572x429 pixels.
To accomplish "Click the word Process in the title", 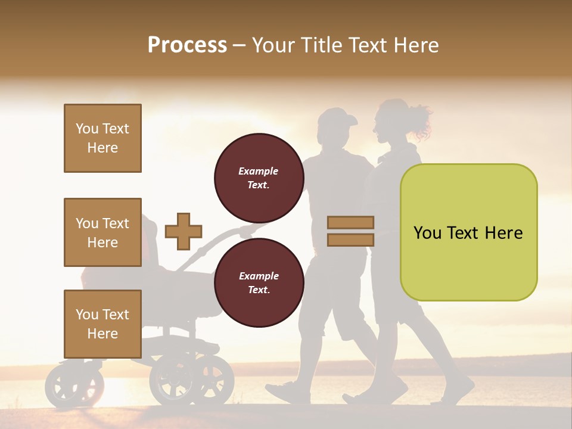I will click(x=187, y=45).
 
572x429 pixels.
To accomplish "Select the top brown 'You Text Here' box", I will click(x=102, y=138).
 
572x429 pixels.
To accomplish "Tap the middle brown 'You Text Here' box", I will click(x=102, y=232).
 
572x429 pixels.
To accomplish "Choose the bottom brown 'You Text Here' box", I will click(x=102, y=324).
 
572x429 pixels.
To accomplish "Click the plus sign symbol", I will click(x=183, y=231).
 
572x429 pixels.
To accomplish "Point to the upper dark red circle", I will click(x=259, y=178).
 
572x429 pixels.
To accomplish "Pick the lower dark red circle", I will click(x=259, y=282).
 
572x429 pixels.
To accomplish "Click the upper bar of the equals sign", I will click(x=350, y=222).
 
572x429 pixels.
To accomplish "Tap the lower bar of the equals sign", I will click(x=350, y=240).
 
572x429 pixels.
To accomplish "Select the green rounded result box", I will click(x=468, y=232).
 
